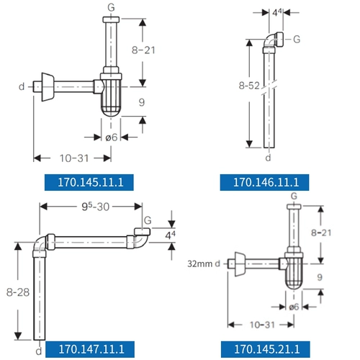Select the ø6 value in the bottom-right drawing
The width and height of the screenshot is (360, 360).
click(294, 307)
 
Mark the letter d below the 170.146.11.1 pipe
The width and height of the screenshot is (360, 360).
click(268, 158)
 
